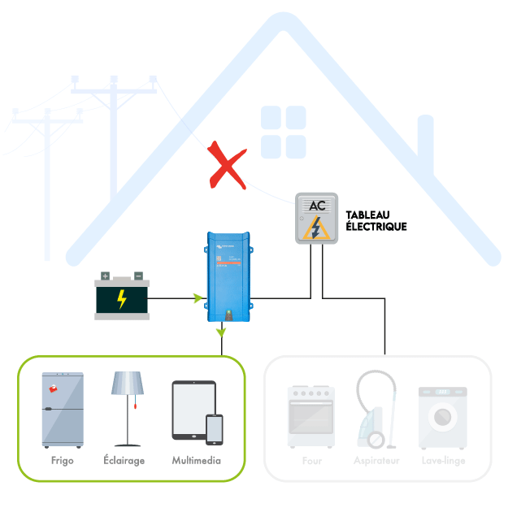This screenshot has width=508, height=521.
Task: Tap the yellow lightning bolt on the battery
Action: click(x=122, y=299)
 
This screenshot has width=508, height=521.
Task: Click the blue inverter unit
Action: click(x=228, y=276)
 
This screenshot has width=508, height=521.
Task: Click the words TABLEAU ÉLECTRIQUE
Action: click(x=376, y=220)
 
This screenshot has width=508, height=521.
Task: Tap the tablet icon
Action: click(x=192, y=411)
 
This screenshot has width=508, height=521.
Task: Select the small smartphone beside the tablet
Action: click(x=215, y=429)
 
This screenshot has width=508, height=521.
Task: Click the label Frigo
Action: click(x=62, y=461)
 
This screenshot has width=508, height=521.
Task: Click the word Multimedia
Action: click(x=197, y=461)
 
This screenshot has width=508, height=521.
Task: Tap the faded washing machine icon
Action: click(x=443, y=418)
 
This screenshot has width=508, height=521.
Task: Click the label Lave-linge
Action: click(x=444, y=461)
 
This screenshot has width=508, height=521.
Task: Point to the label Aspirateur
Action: click(x=376, y=461)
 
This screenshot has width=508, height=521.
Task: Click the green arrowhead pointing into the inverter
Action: click(x=198, y=298)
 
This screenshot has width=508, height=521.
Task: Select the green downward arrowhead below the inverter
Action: click(x=221, y=332)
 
